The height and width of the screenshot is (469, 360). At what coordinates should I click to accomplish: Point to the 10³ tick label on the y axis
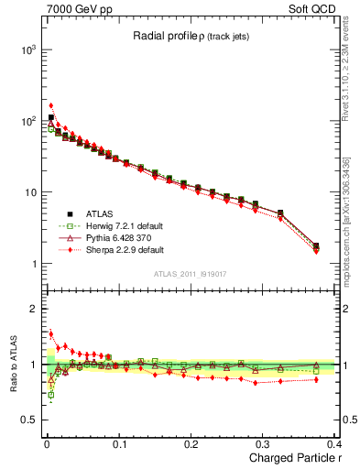(27, 49)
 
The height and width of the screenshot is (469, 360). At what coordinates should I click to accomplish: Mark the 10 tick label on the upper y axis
(30, 192)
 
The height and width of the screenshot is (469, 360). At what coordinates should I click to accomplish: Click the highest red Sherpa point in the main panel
(51, 105)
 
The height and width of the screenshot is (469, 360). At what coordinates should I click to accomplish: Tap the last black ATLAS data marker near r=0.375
(316, 245)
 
